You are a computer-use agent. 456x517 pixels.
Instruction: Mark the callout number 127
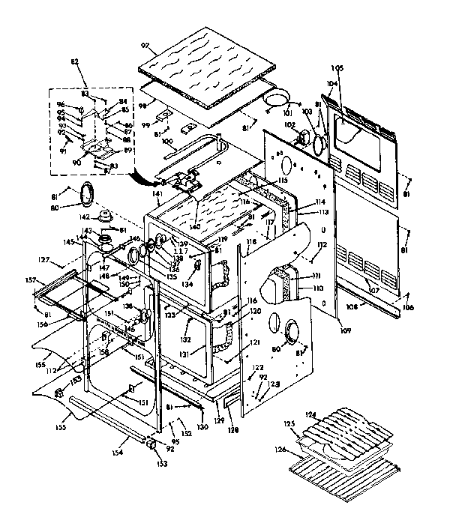tap(44, 261)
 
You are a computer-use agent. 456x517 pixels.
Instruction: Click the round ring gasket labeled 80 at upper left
tap(87, 193)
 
